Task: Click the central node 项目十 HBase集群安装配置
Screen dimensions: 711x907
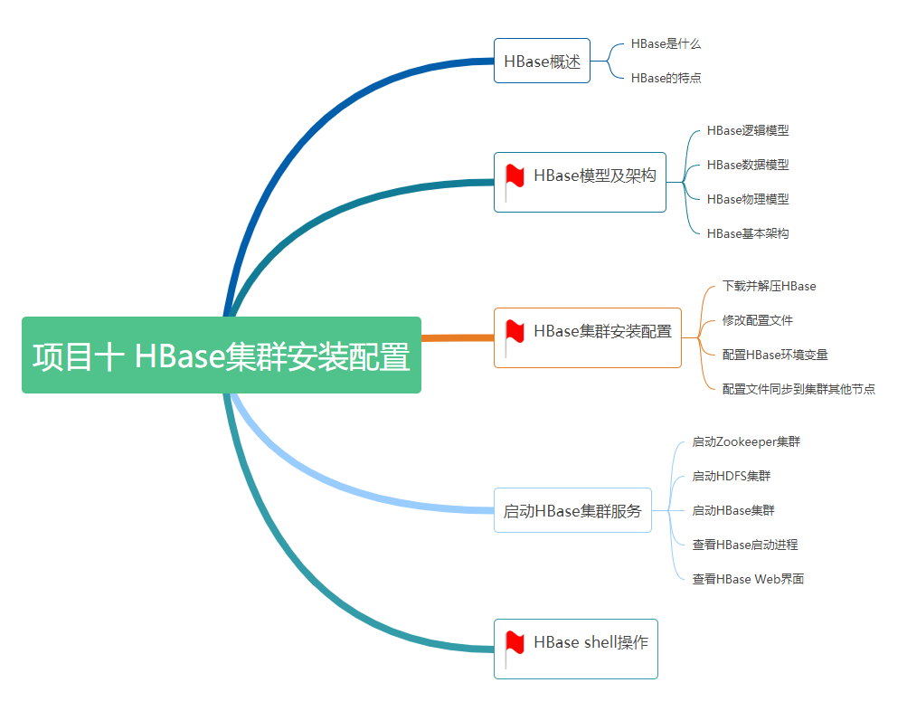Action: pos(222,355)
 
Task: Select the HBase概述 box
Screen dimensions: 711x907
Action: pos(542,62)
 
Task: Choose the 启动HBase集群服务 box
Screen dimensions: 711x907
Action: pos(572,511)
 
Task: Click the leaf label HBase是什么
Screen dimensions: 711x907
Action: pos(666,43)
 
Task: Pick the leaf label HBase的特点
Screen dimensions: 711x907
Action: pos(666,78)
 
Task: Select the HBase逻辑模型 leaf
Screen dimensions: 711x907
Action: pos(747,130)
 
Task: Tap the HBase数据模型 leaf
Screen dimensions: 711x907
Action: pos(747,165)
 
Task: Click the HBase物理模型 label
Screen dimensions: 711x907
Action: pos(747,199)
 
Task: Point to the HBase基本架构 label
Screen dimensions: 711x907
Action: pos(747,233)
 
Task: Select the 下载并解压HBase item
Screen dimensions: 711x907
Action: pos(769,286)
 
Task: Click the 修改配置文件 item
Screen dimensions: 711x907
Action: pos(757,320)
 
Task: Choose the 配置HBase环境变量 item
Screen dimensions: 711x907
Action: pos(775,355)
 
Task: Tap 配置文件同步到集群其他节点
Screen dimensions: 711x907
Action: pos(798,389)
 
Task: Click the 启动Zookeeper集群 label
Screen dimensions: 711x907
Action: pos(746,441)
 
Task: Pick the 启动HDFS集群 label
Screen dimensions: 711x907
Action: pos(731,476)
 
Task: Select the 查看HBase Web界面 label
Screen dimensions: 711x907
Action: pos(748,579)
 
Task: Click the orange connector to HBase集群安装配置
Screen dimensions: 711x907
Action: pos(458,337)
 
